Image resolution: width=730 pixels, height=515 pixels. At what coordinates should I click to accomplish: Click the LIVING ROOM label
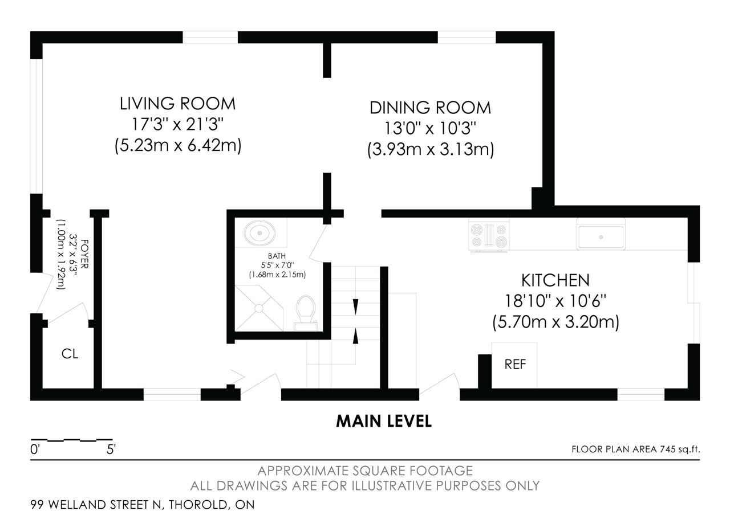(177, 104)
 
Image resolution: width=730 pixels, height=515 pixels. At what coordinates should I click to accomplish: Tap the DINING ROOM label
(430, 108)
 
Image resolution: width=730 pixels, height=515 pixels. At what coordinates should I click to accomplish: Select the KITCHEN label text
(555, 280)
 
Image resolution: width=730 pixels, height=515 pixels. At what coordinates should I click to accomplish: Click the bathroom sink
(259, 233)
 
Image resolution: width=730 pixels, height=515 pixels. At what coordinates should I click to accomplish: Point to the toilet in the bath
(305, 313)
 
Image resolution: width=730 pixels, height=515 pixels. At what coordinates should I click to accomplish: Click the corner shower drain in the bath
(259, 308)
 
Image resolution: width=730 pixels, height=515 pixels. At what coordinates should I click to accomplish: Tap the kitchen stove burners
(489, 235)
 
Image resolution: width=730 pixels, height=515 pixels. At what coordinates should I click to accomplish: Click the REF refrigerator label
(515, 365)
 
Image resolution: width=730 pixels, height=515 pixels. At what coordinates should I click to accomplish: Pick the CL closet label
(70, 354)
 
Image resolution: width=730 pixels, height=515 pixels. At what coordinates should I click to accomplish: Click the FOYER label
(84, 254)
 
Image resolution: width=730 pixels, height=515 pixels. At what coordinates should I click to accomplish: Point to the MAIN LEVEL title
(384, 421)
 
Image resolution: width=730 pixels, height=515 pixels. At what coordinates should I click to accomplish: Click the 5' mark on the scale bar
(111, 449)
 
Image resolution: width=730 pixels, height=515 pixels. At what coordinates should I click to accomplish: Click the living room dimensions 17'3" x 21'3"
(177, 124)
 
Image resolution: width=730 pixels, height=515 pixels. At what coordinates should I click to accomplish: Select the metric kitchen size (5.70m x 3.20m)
(555, 322)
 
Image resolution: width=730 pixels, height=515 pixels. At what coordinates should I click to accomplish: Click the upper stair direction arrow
(355, 307)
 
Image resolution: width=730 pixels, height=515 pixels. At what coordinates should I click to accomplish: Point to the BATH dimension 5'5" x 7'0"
(277, 265)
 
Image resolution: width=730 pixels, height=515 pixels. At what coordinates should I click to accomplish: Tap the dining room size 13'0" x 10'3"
(430, 128)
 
